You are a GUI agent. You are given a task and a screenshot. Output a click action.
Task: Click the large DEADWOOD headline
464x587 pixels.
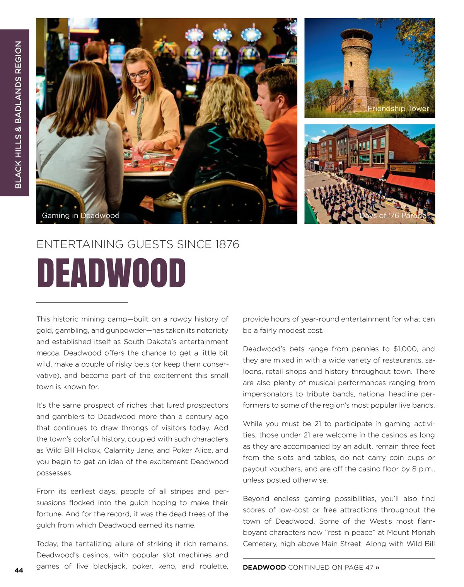coord(111,273)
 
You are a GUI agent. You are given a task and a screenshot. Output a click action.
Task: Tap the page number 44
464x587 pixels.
coord(19,570)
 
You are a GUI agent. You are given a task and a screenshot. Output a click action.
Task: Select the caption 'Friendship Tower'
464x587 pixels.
coord(398,109)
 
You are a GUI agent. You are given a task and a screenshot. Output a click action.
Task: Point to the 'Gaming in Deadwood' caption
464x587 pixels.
coord(80,216)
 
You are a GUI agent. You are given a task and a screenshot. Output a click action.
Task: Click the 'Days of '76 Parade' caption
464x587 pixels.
coord(392,216)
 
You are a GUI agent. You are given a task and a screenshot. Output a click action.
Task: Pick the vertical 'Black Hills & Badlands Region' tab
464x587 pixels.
coord(18,115)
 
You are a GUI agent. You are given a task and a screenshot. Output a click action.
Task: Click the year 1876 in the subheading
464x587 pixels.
coord(227,244)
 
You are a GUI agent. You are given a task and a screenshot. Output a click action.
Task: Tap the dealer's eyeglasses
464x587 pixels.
coord(138,73)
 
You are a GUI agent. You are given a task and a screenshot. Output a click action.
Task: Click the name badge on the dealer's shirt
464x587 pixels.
coord(133,111)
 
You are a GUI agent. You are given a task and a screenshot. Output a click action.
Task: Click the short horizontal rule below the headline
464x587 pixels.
coord(82,302)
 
